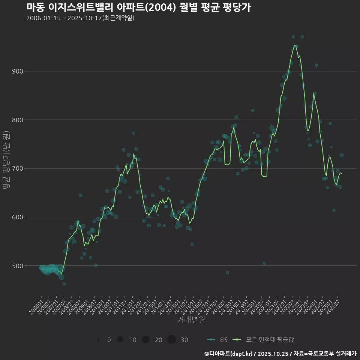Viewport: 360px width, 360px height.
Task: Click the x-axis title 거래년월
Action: coord(191,320)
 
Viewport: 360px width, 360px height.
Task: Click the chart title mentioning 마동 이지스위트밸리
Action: coord(139,7)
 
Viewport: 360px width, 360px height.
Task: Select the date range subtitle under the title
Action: coord(80,18)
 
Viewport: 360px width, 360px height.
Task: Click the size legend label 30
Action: coord(184,340)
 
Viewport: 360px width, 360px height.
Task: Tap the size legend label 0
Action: coord(109,340)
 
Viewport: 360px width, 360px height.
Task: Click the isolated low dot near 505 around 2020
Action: coord(264,263)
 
